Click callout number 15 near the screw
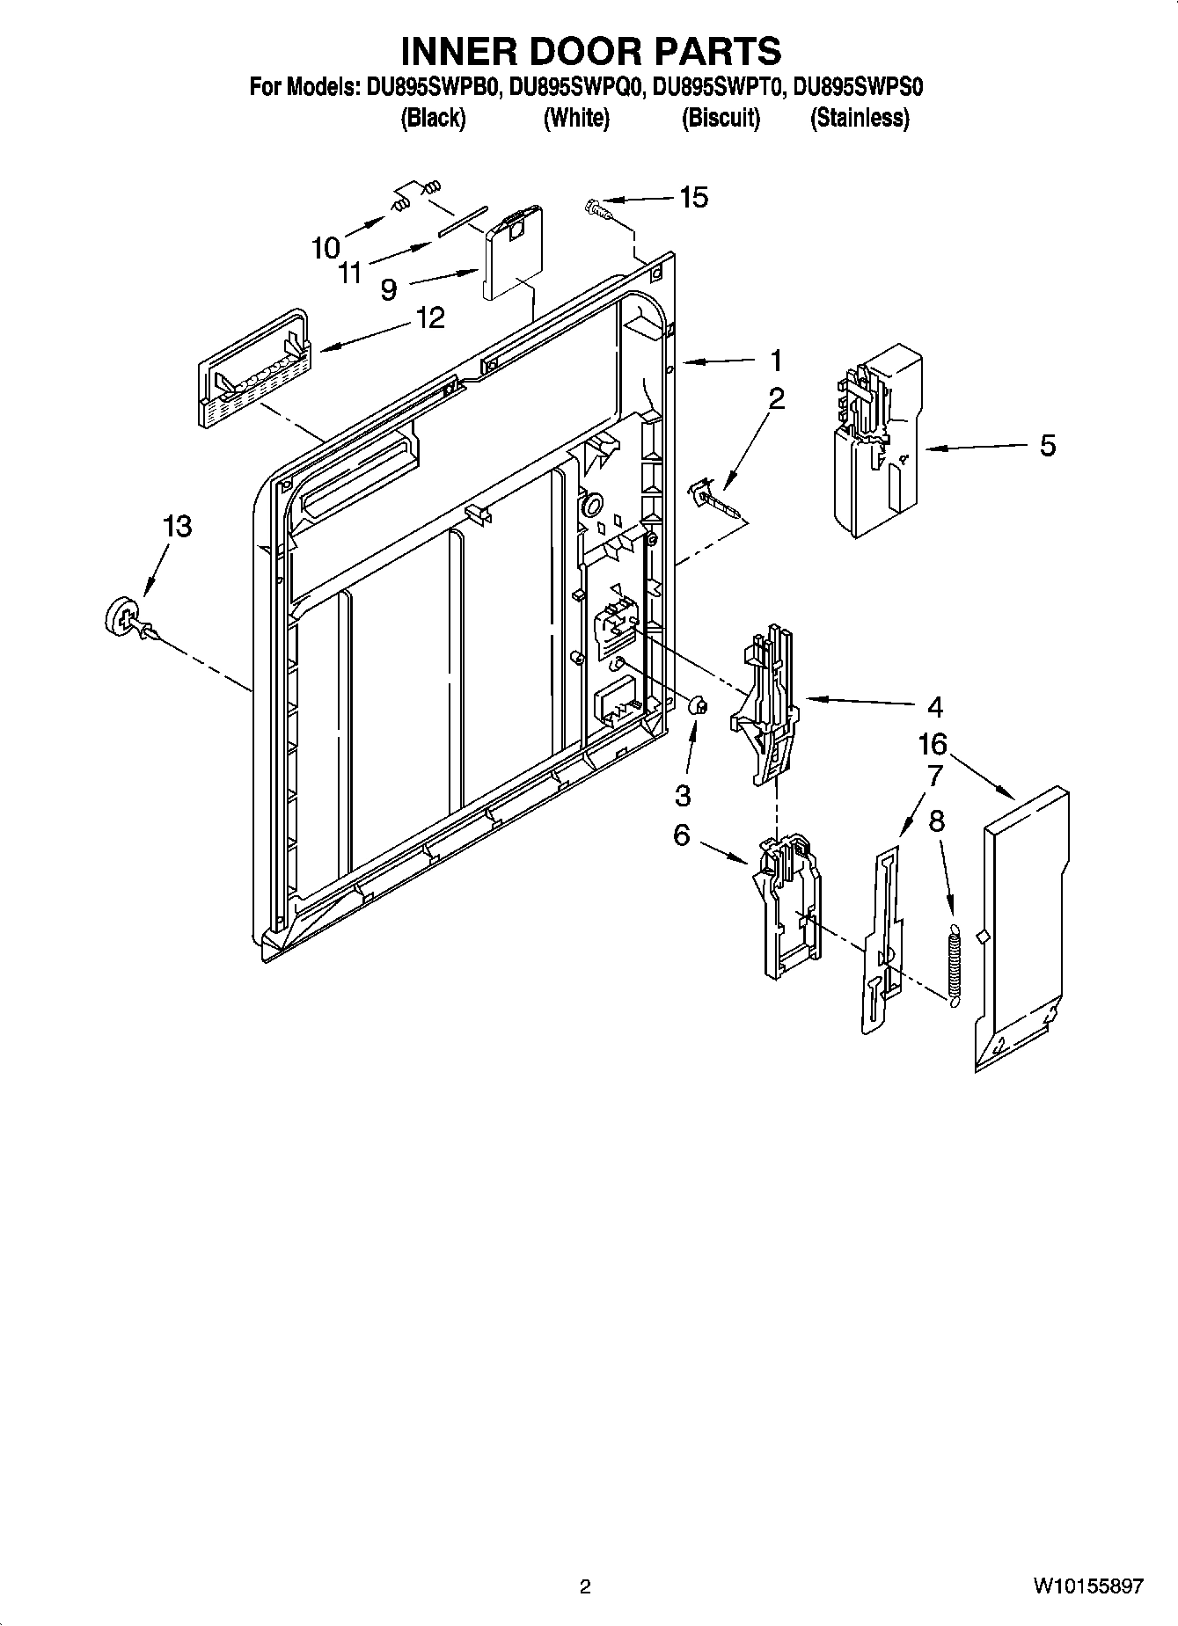[x=693, y=198]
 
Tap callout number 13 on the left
[x=177, y=527]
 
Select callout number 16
[x=933, y=745]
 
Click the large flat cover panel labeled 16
[x=1025, y=923]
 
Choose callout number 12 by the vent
[x=430, y=317]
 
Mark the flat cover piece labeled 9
[x=512, y=251]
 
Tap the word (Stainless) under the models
[x=860, y=118]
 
